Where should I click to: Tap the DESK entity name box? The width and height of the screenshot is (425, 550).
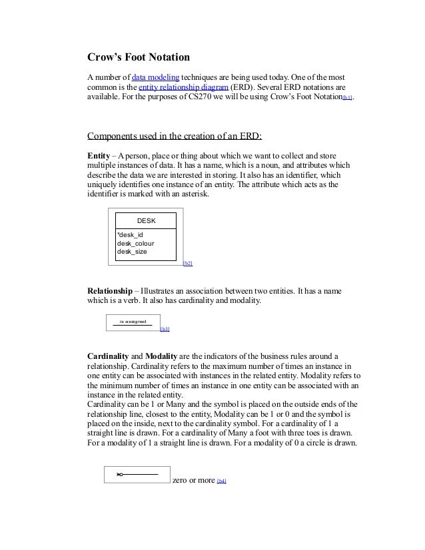point(146,220)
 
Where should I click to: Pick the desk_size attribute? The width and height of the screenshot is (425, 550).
point(131,252)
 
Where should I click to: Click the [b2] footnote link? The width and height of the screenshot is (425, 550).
point(188,264)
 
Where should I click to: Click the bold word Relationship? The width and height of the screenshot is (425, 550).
point(115,291)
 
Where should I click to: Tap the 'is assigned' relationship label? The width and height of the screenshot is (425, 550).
point(133,322)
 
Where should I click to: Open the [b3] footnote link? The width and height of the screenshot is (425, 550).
point(165,329)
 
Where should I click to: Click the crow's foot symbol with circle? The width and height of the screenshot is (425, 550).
point(121,474)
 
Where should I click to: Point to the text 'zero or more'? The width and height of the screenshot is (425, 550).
point(193,480)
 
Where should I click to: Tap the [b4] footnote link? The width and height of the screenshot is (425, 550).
point(222,481)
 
